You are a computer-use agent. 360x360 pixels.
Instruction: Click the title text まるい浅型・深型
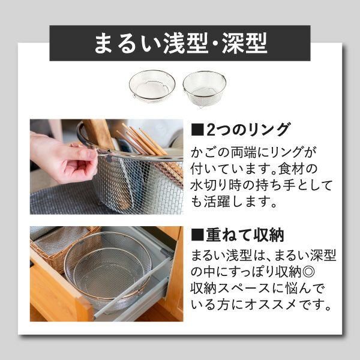[x=180, y=43]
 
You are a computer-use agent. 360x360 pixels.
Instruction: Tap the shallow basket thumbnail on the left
[x=152, y=86]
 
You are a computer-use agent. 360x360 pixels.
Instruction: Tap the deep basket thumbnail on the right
[x=204, y=88]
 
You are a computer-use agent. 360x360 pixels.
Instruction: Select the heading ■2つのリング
[x=241, y=130]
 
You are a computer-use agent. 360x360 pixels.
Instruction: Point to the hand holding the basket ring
[x=63, y=157]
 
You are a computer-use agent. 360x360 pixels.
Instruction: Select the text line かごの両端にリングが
[x=253, y=149]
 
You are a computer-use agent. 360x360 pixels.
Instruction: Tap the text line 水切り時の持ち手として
[x=261, y=184]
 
